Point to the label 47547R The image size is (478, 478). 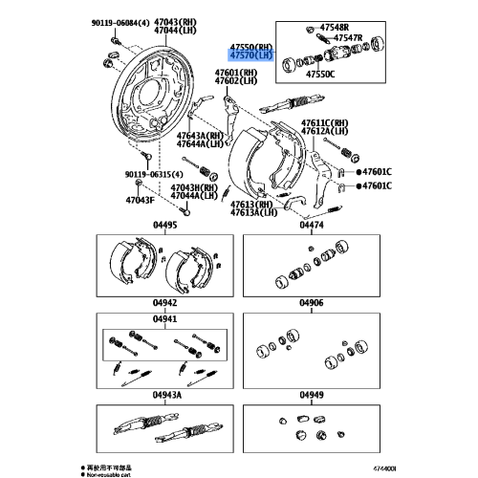coord(351,39)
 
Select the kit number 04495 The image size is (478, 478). coord(166,226)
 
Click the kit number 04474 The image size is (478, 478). coord(310,226)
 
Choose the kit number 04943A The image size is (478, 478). coord(166,393)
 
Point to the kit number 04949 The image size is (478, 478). coord(310,393)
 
